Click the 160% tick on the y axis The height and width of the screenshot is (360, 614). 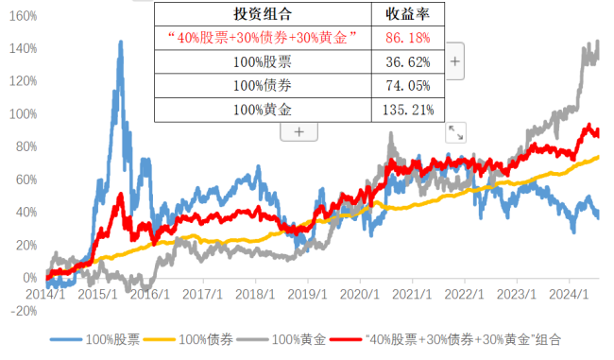23,16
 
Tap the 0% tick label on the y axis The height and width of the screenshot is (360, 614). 28,279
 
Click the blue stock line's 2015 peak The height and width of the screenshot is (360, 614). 120,43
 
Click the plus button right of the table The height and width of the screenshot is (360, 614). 454,61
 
